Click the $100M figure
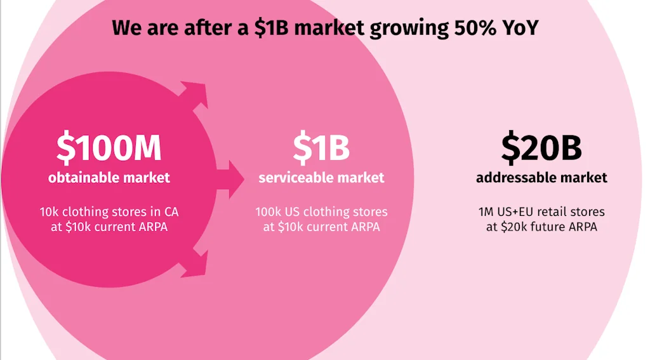[109, 147]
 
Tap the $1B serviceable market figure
[321, 147]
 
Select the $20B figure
[541, 147]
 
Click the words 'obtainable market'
[109, 177]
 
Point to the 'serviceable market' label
[321, 177]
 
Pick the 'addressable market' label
[541, 177]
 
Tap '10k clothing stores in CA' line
[109, 211]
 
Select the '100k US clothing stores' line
[321, 211]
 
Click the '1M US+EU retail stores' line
[541, 211]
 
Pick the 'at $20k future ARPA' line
[541, 227]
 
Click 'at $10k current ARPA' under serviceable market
[321, 227]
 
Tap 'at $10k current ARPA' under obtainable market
[109, 227]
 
